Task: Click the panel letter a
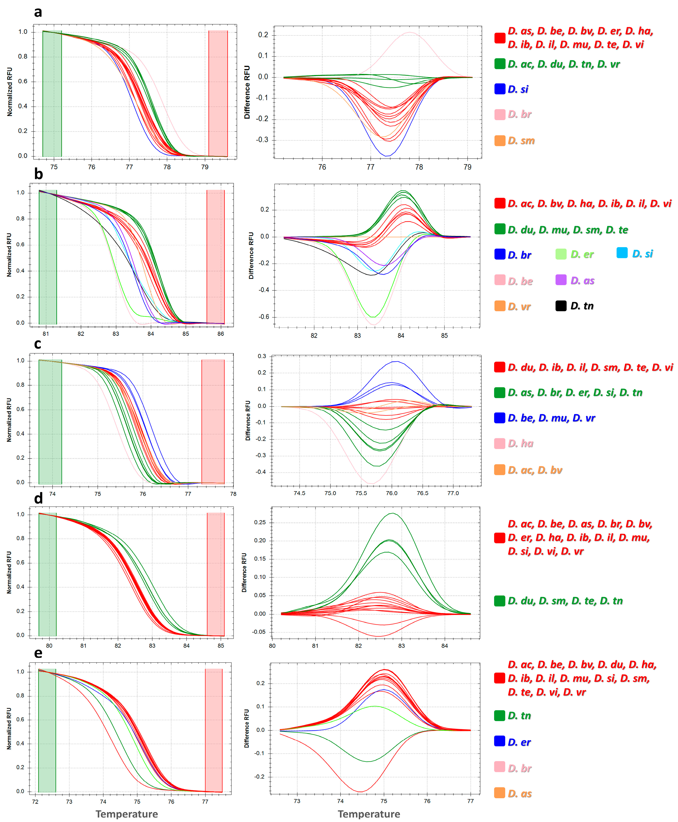tap(38, 12)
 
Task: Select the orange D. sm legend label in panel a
tap(521, 141)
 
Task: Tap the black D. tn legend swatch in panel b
tap(561, 306)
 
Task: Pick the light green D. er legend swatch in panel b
tap(561, 254)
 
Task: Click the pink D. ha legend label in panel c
tap(521, 444)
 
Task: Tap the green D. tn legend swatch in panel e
tap(499, 716)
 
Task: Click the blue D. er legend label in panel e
tap(519, 742)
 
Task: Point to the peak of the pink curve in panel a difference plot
tap(409, 32)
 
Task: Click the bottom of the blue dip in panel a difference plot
tap(387, 156)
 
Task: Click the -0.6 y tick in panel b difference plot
tap(264, 317)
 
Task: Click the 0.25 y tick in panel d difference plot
tap(260, 522)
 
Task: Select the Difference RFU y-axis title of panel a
tap(247, 93)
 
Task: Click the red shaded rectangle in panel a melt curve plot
tap(218, 94)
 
